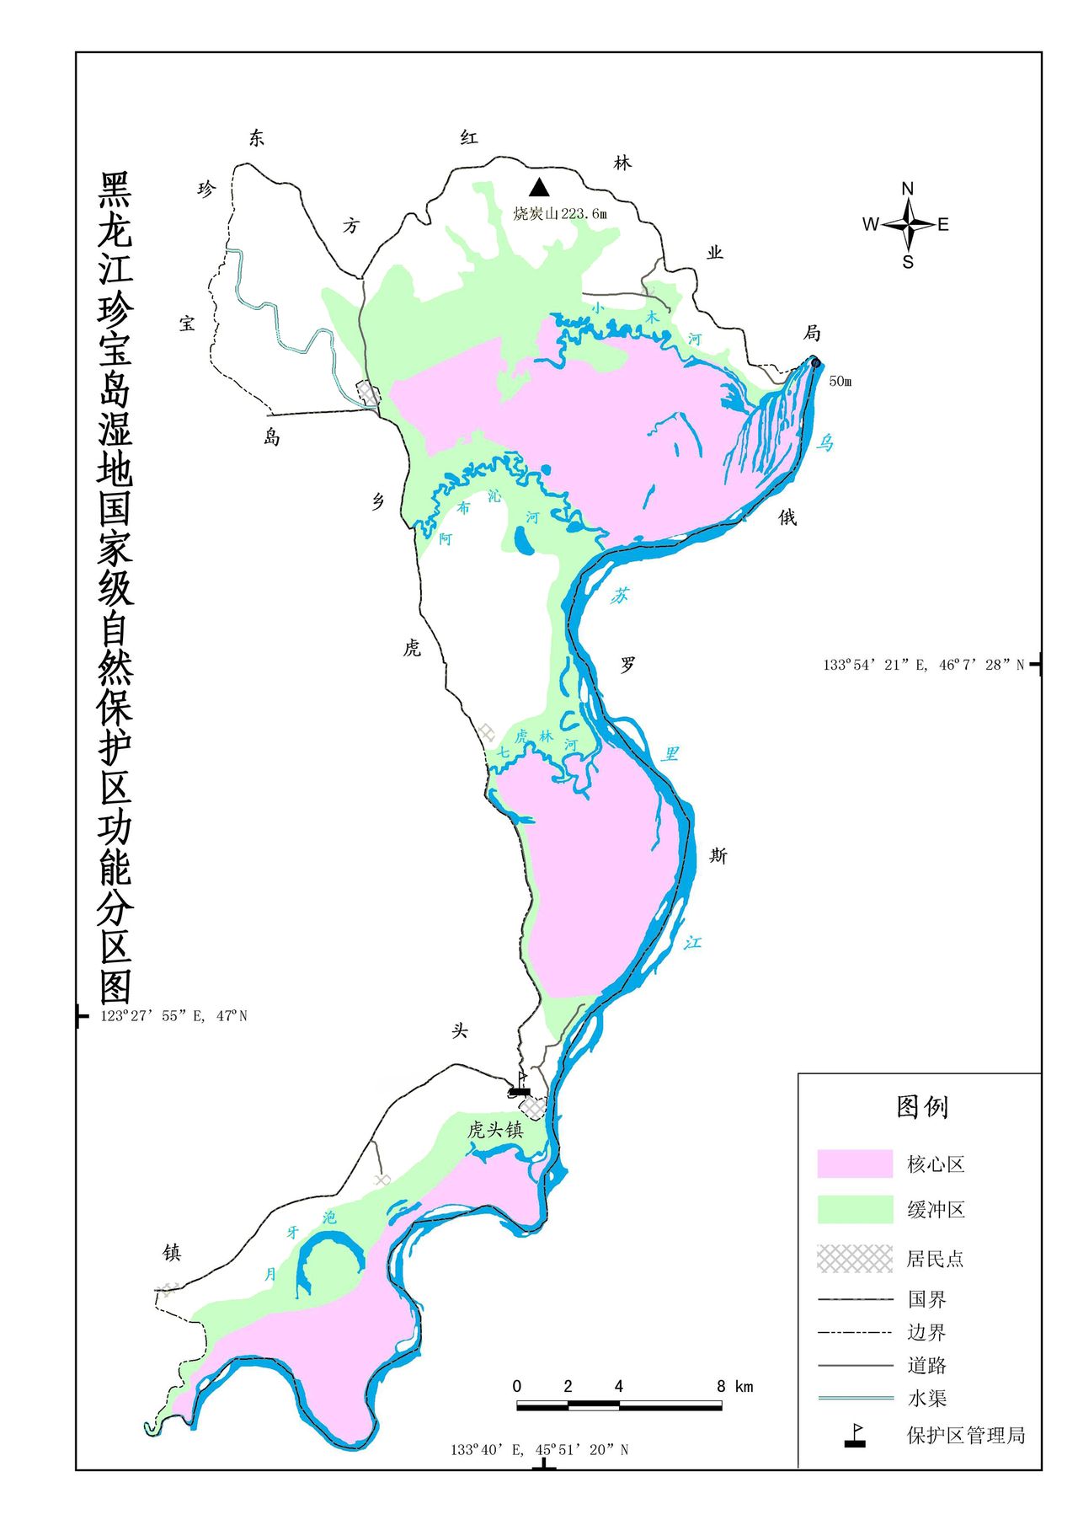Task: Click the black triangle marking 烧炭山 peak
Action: click(x=539, y=187)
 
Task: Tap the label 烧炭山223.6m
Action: click(x=560, y=213)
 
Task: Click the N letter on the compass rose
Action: click(x=908, y=189)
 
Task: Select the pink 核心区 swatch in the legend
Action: click(x=854, y=1164)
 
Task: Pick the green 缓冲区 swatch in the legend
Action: click(x=854, y=1209)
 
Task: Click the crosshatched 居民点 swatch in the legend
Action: click(x=854, y=1258)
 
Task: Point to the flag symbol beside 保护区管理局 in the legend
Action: click(x=856, y=1436)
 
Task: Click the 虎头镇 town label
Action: click(x=495, y=1130)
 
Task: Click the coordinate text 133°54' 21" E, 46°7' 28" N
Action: click(x=923, y=665)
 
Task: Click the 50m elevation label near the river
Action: click(x=840, y=381)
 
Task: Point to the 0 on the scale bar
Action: click(x=516, y=1387)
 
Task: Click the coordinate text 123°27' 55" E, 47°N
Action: click(x=173, y=1016)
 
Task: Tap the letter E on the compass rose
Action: click(x=943, y=224)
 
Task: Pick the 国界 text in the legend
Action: click(x=926, y=1299)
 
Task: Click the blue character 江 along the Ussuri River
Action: click(x=692, y=942)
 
